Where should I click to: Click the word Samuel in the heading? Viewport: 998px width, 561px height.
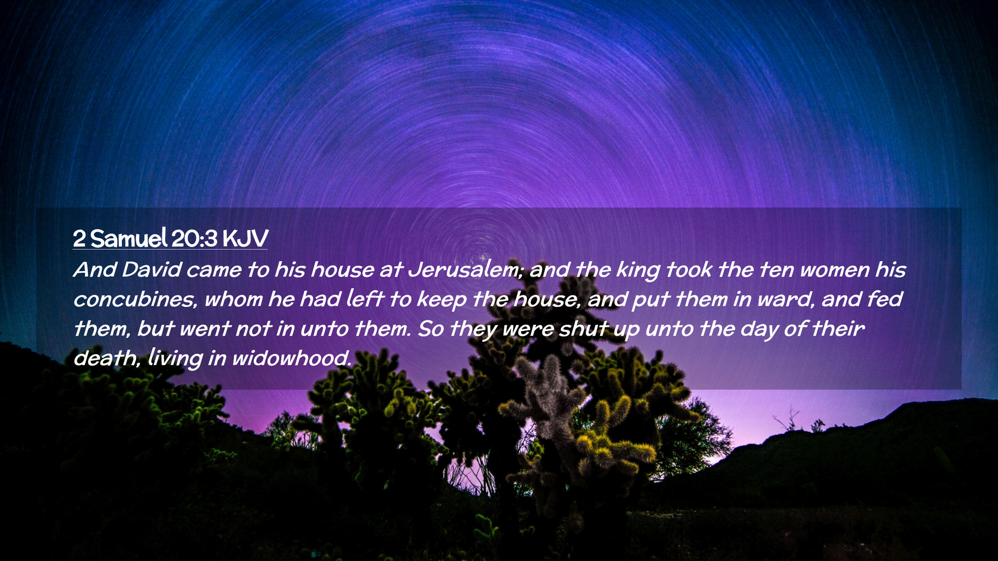point(129,238)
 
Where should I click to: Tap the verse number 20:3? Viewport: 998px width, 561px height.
point(194,238)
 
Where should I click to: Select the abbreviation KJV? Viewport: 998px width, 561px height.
point(245,238)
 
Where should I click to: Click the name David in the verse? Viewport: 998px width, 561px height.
point(152,270)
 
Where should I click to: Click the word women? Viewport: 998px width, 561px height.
point(835,270)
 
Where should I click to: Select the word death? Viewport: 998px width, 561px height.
point(107,358)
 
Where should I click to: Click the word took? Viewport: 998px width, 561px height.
point(688,270)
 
